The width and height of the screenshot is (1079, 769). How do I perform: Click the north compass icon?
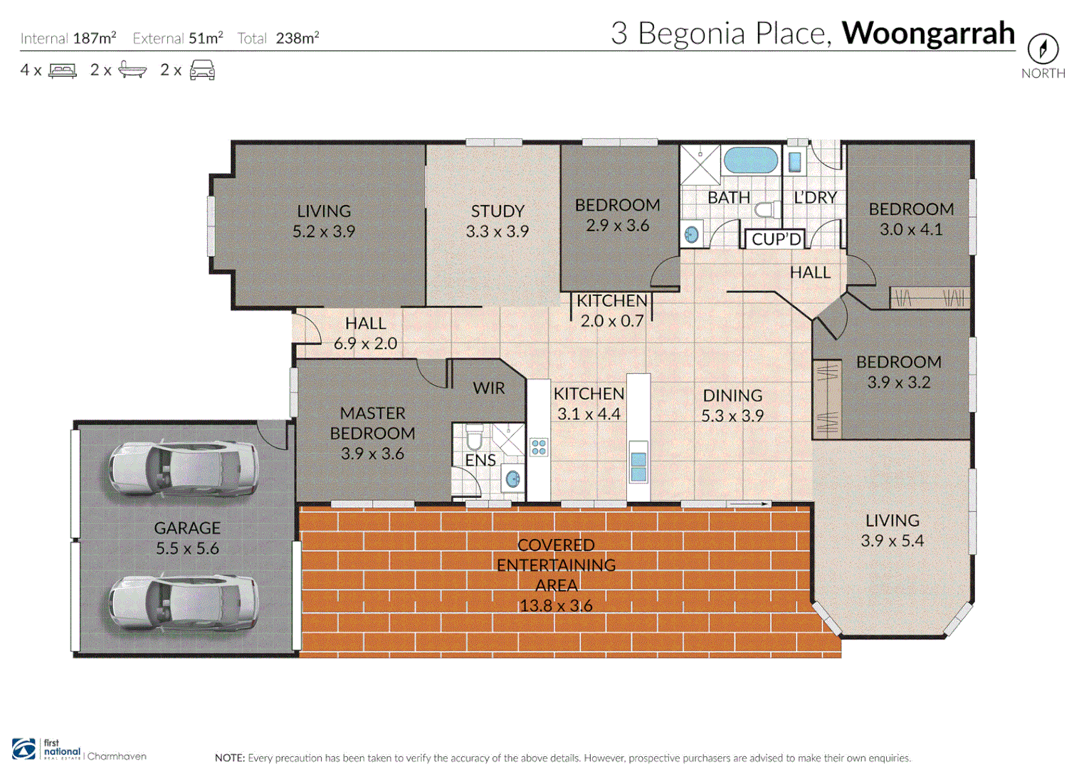tap(1043, 49)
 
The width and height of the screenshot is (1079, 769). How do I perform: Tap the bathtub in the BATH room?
tap(750, 161)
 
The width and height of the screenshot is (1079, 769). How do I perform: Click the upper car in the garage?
tap(183, 468)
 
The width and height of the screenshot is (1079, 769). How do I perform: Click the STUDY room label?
tap(497, 211)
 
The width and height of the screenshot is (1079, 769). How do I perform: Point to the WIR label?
tap(488, 388)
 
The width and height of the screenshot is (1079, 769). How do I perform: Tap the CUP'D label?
tap(776, 239)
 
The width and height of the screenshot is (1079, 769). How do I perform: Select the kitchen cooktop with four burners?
tap(539, 447)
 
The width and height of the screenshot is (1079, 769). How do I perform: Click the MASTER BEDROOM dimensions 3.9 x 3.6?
tap(372, 454)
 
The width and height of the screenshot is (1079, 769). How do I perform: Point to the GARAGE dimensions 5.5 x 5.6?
tap(187, 548)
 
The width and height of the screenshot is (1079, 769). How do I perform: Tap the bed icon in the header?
tap(63, 70)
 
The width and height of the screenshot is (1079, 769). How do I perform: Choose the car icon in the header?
tap(202, 70)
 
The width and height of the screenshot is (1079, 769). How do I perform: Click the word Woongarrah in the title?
tap(927, 33)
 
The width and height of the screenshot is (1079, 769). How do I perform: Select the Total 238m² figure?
tap(297, 38)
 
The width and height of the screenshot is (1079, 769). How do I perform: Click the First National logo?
tap(46, 749)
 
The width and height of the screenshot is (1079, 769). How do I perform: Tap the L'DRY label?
tap(815, 197)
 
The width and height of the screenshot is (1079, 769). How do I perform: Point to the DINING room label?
tap(732, 396)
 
